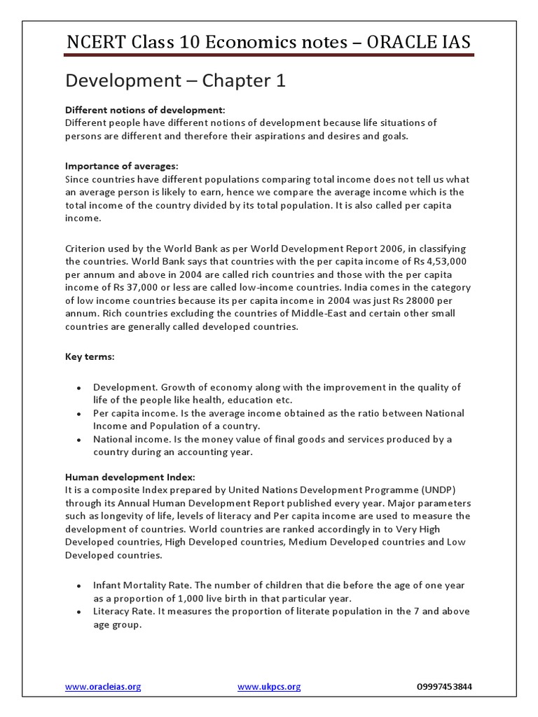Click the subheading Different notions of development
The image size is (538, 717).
(x=145, y=111)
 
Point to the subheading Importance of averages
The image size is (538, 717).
(x=121, y=166)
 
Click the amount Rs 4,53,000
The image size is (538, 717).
(x=436, y=262)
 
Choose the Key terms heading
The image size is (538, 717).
(x=90, y=356)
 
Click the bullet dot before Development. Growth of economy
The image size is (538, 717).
(x=78, y=388)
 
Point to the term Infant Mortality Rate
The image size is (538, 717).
(x=137, y=585)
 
